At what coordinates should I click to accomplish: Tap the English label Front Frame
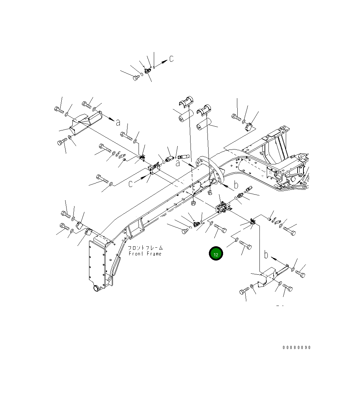pos(145,254)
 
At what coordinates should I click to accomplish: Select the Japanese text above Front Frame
pos(145,248)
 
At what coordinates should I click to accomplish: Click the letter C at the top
pos(171,59)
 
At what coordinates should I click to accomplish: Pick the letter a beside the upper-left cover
pos(118,122)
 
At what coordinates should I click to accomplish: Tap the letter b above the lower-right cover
pos(266,255)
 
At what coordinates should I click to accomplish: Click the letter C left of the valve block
pos(131,184)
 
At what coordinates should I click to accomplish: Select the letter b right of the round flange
pos(236,185)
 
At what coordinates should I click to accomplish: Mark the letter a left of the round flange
pos(177,163)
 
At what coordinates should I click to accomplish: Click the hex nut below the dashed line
pos(194,202)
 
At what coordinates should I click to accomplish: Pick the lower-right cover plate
pos(271,276)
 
